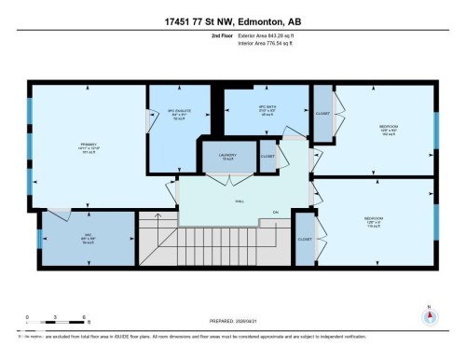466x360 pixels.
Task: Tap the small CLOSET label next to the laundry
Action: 267,157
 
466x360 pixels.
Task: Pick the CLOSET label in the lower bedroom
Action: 304,240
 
